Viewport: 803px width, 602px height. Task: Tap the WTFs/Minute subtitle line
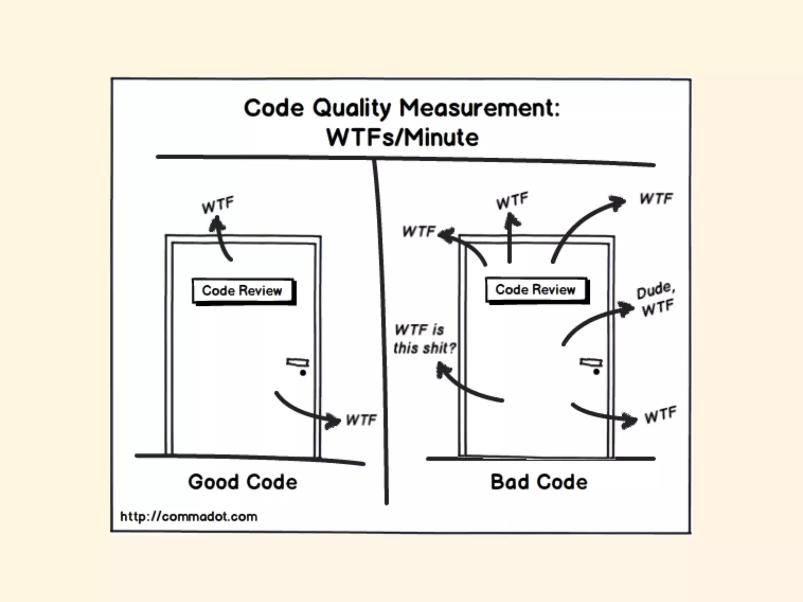[402, 138]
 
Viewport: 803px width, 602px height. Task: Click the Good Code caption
[242, 482]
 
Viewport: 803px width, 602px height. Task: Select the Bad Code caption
[539, 482]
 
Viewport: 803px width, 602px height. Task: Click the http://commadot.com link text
[189, 517]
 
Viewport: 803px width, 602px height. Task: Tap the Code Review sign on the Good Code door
[243, 291]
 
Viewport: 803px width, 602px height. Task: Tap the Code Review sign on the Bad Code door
[536, 290]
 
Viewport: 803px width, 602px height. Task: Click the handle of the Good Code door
[298, 363]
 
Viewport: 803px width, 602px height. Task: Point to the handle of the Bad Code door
[591, 362]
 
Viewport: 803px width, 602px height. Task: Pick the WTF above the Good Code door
[218, 205]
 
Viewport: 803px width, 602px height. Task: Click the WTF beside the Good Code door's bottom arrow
[361, 420]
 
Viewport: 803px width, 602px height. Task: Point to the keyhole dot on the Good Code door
[303, 373]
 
